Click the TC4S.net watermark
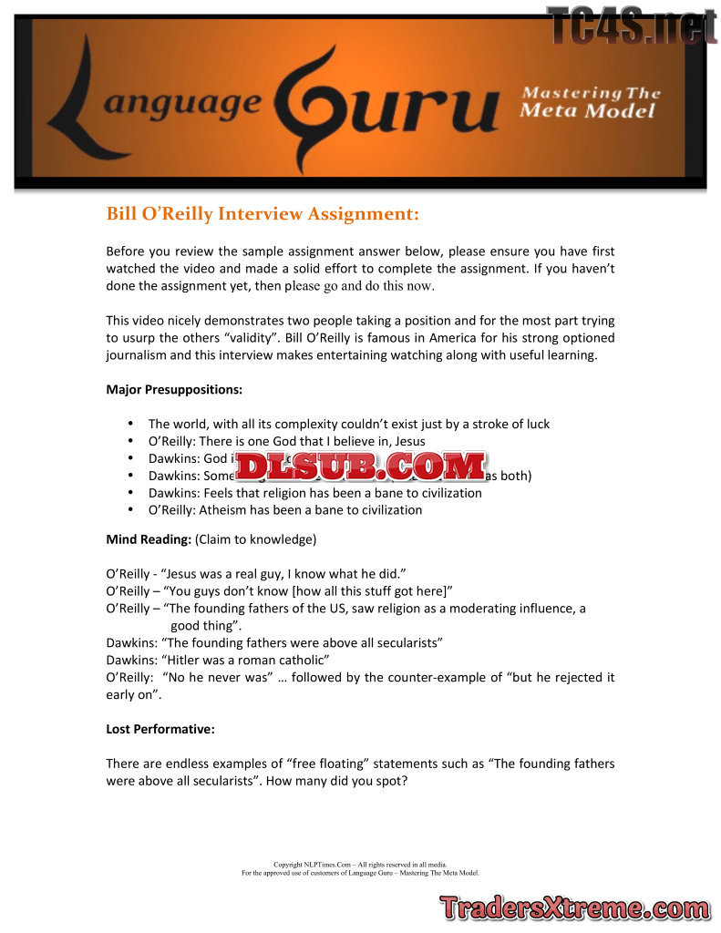tap(631, 25)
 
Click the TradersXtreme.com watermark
tap(575, 908)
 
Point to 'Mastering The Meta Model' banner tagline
tap(590, 101)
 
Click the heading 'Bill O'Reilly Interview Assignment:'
tap(263, 214)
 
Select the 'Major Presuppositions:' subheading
tap(174, 390)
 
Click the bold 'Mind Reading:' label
tap(149, 539)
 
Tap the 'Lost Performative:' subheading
tap(160, 729)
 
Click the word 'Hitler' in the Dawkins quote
tap(184, 659)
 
